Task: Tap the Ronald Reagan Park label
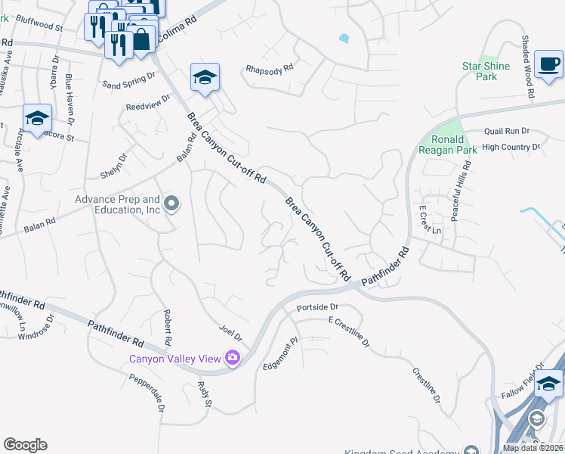(454, 145)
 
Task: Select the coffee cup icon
(548, 64)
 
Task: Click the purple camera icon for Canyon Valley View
(233, 358)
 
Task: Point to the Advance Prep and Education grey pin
(172, 203)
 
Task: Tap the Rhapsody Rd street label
(270, 70)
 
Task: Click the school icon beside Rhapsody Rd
(205, 77)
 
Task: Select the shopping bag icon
(141, 39)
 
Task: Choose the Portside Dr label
(320, 307)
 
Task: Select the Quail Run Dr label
(507, 131)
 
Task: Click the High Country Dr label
(511, 147)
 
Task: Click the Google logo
(25, 445)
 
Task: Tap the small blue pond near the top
(344, 38)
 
